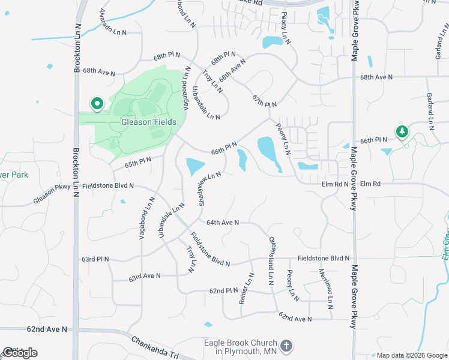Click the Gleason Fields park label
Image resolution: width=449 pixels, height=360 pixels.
click(149, 122)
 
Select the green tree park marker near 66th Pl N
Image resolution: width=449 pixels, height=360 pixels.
click(402, 131)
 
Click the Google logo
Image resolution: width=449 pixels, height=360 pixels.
click(20, 353)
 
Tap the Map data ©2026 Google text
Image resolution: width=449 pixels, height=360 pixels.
click(412, 355)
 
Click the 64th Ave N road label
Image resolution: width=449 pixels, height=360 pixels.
click(223, 223)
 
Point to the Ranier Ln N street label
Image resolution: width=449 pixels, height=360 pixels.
click(247, 289)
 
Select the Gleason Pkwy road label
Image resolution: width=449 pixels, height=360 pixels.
click(52, 194)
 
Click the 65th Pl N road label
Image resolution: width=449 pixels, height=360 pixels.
click(138, 162)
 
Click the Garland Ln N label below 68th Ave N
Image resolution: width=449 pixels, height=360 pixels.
click(430, 112)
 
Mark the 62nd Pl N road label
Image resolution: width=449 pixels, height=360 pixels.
click(224, 290)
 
